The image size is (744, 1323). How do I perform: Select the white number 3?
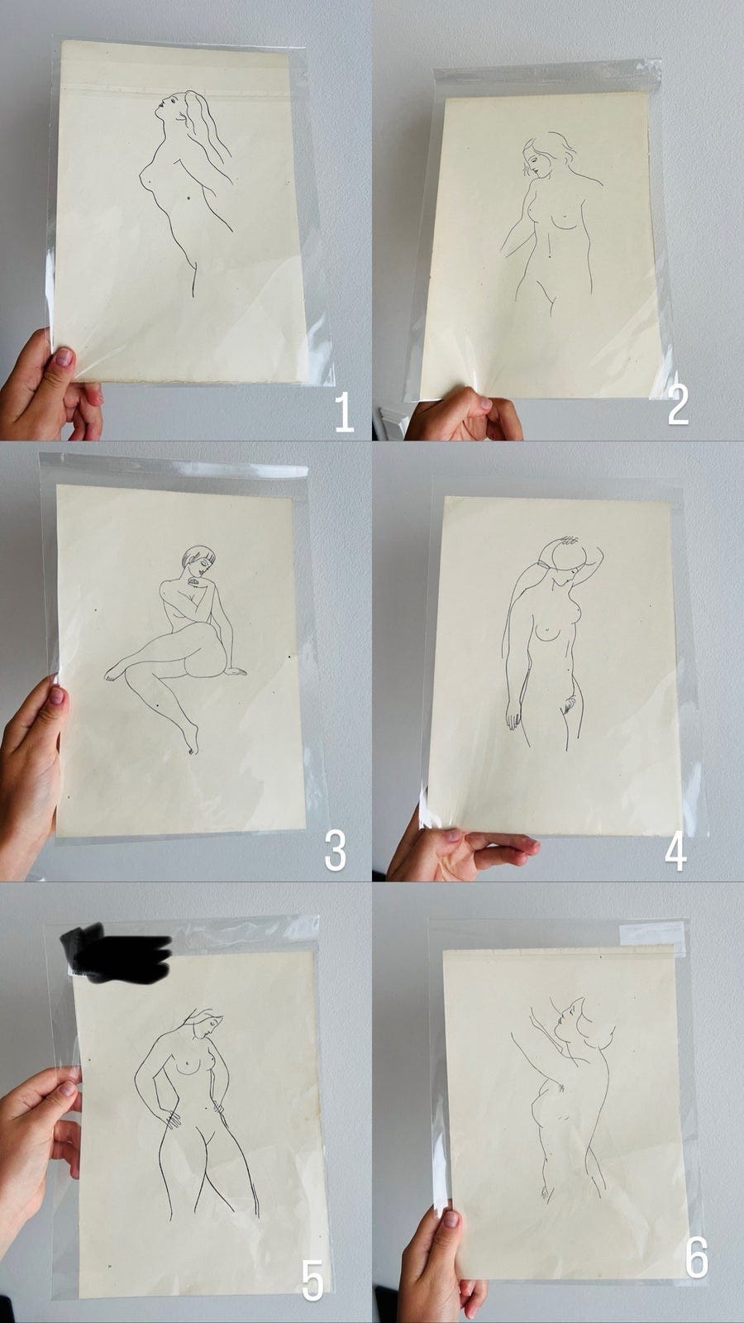coord(336,851)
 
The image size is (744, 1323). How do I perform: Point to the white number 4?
coord(675,851)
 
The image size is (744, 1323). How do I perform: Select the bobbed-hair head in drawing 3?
coord(198,561)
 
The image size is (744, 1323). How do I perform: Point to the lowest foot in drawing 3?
coord(190,741)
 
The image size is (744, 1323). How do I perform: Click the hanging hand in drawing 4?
coord(513,716)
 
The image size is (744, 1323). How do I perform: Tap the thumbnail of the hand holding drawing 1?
coord(63,357)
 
